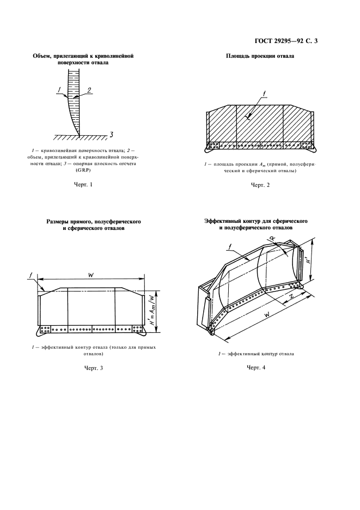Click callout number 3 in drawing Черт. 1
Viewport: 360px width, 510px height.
(111, 134)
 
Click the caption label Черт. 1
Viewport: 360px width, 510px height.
(83, 185)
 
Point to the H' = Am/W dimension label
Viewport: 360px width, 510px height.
(150, 310)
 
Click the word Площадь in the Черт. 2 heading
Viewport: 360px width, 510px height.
(239, 56)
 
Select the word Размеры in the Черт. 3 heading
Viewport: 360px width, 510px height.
(58, 223)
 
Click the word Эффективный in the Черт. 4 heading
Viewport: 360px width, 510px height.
(224, 222)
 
